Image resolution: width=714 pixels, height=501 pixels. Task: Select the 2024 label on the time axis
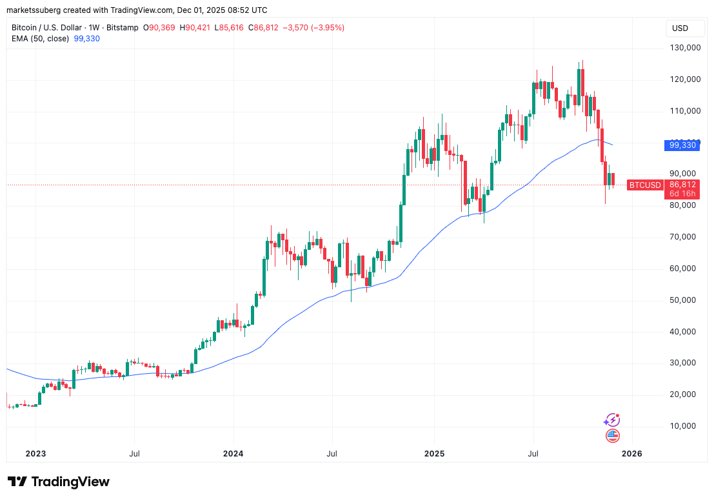click(x=233, y=454)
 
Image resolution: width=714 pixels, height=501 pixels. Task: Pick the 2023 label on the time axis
click(x=35, y=454)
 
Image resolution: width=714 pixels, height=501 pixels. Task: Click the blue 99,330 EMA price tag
click(x=683, y=145)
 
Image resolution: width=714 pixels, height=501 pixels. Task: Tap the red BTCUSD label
click(x=646, y=185)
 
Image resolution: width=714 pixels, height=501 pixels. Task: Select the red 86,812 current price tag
click(x=683, y=185)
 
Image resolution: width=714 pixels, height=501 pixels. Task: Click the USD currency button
click(x=680, y=28)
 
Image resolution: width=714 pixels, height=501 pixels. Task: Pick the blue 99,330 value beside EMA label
click(x=86, y=39)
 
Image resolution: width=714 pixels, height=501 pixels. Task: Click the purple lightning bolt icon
click(x=611, y=420)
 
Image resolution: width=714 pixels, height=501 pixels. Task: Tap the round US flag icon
click(x=613, y=436)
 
